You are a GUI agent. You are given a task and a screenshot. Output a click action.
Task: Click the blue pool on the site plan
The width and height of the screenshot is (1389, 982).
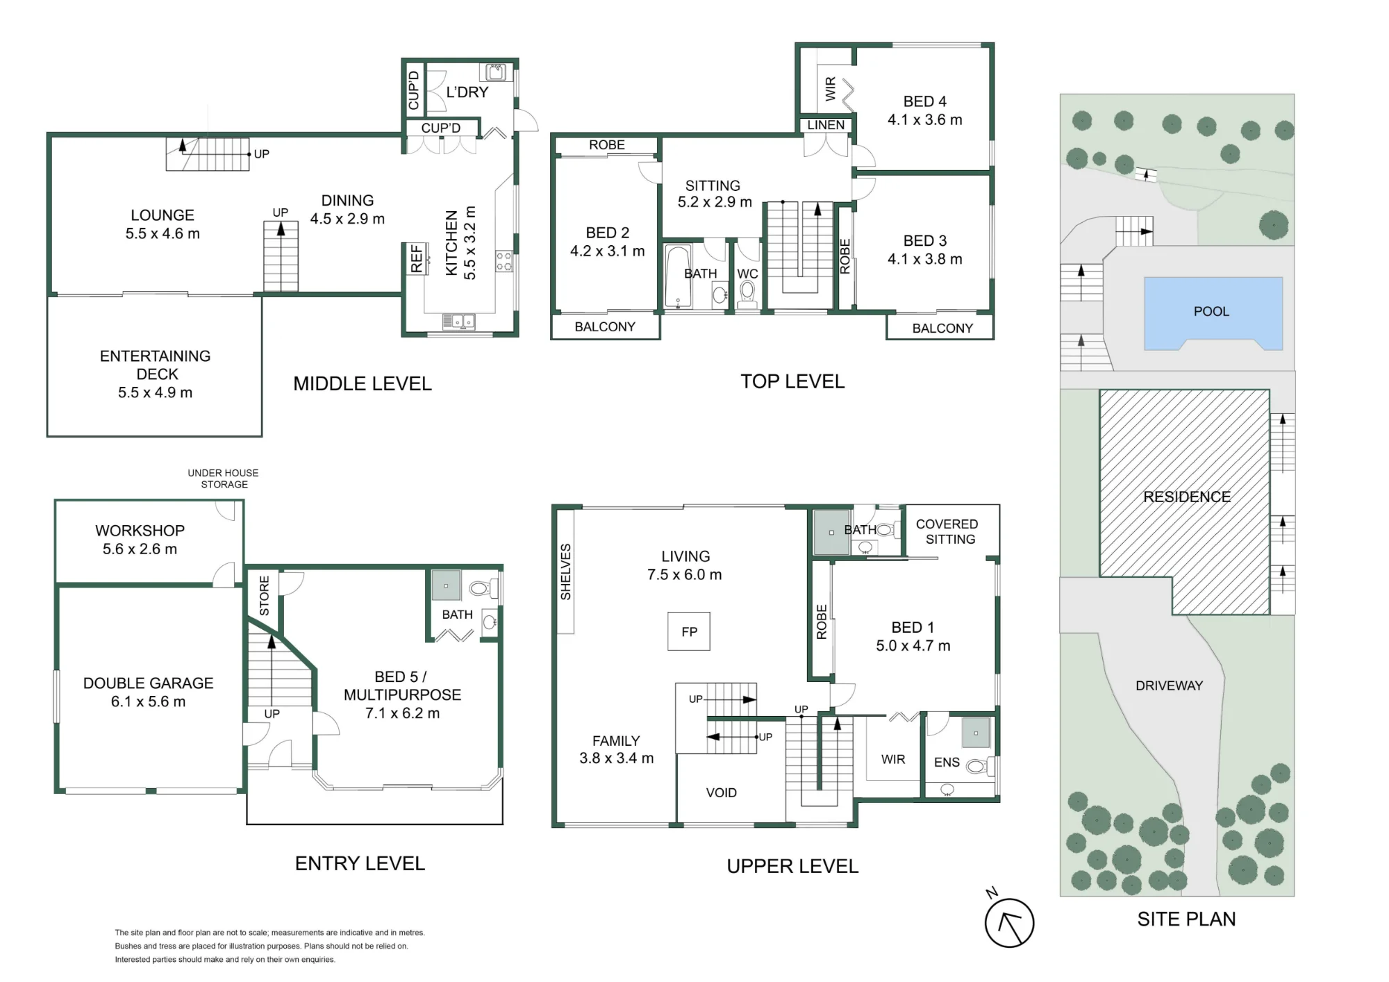(x=1213, y=313)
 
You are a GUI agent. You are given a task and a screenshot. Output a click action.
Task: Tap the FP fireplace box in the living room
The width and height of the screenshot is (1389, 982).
(x=689, y=631)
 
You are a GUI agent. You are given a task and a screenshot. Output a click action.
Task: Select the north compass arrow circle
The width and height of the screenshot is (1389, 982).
(x=1009, y=923)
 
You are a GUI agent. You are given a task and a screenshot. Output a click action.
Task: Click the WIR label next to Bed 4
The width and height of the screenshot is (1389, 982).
(x=831, y=89)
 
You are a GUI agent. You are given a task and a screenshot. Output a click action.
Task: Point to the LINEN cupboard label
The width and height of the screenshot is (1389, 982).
(x=826, y=125)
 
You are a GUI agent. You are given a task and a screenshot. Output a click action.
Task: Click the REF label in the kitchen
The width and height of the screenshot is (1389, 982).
(x=416, y=258)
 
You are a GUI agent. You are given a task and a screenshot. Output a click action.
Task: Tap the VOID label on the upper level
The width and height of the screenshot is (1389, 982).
(x=721, y=792)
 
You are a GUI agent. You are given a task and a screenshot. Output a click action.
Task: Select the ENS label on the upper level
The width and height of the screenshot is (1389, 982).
(x=947, y=763)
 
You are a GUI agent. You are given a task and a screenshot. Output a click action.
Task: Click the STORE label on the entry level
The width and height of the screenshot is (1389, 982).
(x=264, y=596)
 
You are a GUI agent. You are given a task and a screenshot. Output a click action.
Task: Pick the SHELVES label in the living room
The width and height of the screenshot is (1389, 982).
(x=565, y=572)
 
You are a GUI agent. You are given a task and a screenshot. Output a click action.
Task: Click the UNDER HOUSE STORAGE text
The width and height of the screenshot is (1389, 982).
(x=224, y=478)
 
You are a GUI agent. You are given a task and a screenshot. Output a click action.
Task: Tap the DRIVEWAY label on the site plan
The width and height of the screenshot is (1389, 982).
(x=1169, y=685)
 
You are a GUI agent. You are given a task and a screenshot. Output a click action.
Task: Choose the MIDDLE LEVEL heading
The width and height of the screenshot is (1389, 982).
(x=362, y=383)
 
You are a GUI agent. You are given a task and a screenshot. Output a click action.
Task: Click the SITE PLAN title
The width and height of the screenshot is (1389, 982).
(x=1186, y=919)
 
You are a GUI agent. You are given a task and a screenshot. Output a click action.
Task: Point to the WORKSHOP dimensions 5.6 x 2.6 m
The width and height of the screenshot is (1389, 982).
(x=140, y=549)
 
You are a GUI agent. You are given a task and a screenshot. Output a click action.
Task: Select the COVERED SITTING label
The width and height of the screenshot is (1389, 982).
(x=947, y=531)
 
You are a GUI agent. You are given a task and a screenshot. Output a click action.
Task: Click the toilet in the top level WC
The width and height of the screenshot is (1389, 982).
(x=747, y=294)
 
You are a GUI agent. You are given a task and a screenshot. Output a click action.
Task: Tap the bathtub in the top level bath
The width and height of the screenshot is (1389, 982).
(x=678, y=276)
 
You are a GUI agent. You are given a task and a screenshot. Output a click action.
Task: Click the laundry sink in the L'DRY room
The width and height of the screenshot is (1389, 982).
(x=496, y=72)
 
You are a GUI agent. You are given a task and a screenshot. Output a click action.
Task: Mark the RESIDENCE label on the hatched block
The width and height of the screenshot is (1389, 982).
(x=1186, y=497)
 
